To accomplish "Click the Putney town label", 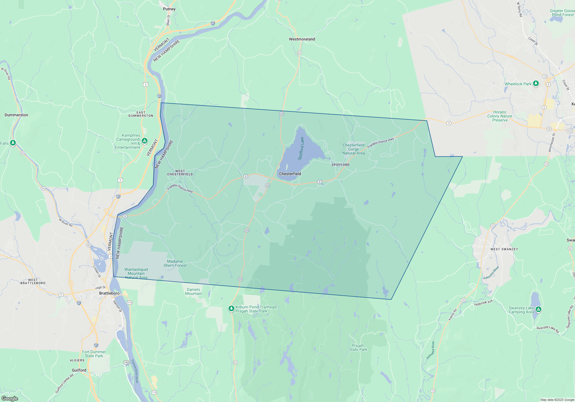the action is [x=169, y=9].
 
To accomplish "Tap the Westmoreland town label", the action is [x=302, y=39].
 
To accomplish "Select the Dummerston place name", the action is [x=16, y=115].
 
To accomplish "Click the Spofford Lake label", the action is [x=301, y=148].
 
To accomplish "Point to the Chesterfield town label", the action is [x=290, y=174].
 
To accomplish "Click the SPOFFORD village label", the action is [x=340, y=165].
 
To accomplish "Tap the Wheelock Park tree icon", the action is [x=536, y=84].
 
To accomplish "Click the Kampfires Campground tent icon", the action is [x=145, y=141].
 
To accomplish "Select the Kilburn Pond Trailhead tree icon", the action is [x=231, y=308].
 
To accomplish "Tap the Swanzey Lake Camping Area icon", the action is [x=538, y=309].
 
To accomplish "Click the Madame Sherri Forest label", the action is [x=175, y=263].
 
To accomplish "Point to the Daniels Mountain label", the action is [x=193, y=291].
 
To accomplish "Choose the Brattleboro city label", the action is [x=109, y=293].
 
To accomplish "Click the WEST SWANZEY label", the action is [x=504, y=249].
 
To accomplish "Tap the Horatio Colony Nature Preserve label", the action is [x=500, y=116].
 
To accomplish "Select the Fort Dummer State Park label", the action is [x=94, y=354].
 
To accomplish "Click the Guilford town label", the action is [x=79, y=370].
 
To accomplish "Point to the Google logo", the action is [x=10, y=398].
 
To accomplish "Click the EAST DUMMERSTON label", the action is [x=141, y=114].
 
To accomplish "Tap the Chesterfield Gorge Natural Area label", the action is [x=353, y=149].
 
